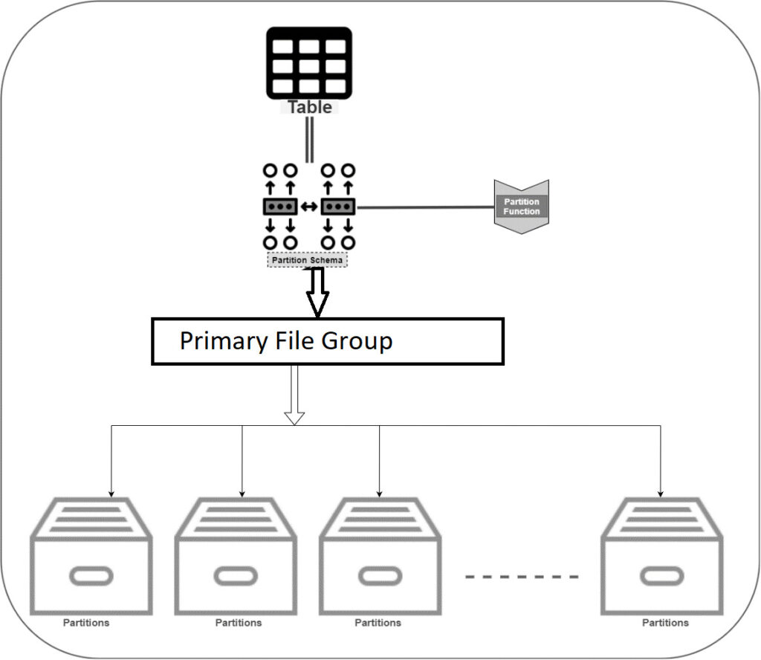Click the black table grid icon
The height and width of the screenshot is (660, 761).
click(309, 62)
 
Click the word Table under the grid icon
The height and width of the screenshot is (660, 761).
click(310, 107)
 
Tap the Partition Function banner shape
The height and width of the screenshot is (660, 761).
click(522, 207)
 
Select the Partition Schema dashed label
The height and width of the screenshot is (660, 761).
click(308, 260)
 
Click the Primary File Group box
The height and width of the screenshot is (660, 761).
click(328, 341)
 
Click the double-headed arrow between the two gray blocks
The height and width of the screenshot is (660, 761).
click(309, 207)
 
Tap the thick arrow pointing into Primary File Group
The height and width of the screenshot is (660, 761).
click(318, 294)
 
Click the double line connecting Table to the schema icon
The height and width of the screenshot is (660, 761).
click(309, 139)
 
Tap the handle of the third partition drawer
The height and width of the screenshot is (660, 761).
click(380, 576)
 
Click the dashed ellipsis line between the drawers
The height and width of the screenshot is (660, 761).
click(522, 576)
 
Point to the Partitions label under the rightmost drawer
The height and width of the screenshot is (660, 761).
click(665, 623)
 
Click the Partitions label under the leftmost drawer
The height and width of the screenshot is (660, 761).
click(85, 623)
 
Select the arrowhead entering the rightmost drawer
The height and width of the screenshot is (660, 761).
click(660, 493)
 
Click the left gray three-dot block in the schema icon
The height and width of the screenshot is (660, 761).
click(280, 207)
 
